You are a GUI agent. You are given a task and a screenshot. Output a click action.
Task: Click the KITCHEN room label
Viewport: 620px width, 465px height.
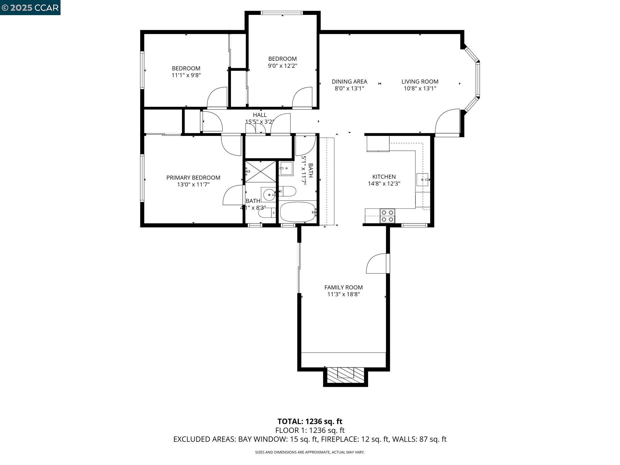(384, 177)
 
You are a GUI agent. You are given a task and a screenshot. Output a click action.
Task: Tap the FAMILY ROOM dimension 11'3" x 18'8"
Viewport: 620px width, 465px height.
(343, 294)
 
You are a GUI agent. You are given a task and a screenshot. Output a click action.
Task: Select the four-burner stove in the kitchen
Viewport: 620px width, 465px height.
(387, 216)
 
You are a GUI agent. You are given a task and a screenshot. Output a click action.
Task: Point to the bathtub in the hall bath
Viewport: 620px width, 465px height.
(298, 212)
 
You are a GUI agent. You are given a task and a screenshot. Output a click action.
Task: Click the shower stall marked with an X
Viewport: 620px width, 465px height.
(260, 172)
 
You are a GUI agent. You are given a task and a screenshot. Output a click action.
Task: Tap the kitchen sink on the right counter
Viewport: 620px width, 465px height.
(423, 180)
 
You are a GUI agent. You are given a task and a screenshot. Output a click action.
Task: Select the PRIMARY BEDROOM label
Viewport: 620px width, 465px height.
(193, 178)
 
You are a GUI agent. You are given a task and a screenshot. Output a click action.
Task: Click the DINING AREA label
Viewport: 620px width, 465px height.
(349, 81)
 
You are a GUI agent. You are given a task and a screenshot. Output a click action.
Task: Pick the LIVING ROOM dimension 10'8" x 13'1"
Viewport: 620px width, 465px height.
(420, 88)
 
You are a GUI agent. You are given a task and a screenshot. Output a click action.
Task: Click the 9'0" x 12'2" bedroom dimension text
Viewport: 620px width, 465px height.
(282, 66)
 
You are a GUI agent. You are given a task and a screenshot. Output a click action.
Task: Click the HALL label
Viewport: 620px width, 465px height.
(260, 115)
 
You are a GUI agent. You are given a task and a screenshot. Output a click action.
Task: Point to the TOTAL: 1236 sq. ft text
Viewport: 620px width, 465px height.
(310, 421)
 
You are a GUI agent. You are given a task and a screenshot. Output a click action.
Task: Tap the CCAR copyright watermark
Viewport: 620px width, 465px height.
(30, 7)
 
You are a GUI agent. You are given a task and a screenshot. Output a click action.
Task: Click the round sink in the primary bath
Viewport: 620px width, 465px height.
(269, 195)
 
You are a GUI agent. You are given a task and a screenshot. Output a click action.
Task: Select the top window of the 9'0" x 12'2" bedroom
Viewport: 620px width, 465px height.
(282, 13)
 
